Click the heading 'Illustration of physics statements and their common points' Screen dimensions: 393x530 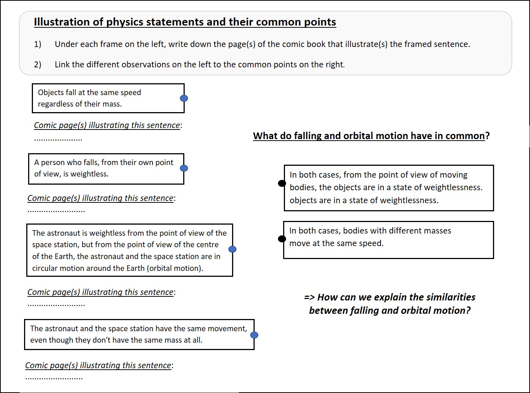click(x=185, y=22)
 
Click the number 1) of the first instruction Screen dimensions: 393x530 click(x=37, y=44)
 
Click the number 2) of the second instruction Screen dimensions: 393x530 click(x=37, y=65)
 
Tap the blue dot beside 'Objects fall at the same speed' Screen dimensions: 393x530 click(x=184, y=98)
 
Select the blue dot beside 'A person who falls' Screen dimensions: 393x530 click(x=184, y=168)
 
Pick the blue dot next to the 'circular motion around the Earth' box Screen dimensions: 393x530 click(x=232, y=249)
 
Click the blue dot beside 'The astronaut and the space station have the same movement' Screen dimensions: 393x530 click(x=254, y=335)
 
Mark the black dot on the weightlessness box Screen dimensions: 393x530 click(x=282, y=183)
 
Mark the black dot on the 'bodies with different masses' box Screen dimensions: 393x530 click(x=282, y=239)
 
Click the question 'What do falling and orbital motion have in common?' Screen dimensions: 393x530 click(x=371, y=136)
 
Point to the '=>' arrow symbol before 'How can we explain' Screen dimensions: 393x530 click(x=309, y=297)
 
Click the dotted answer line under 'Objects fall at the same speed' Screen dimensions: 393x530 click(x=58, y=140)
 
